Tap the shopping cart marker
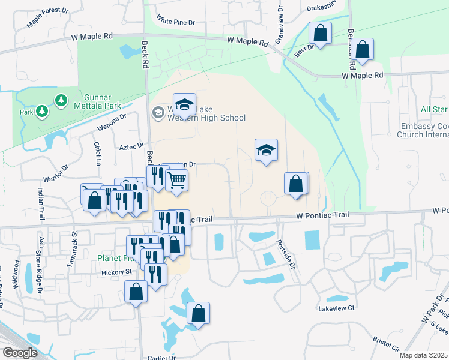(x=176, y=179)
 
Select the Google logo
(x=20, y=353)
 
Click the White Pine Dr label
(x=175, y=22)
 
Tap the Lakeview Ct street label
(x=337, y=308)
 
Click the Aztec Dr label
(x=132, y=146)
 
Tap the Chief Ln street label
(x=97, y=154)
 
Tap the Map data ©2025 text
(x=423, y=355)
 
